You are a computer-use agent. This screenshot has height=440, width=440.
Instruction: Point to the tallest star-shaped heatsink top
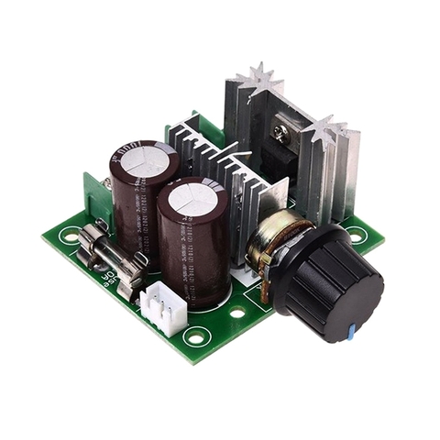[258, 79]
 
